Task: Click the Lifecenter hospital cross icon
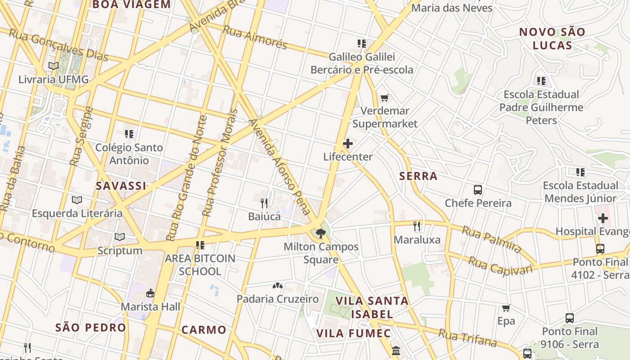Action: [x=347, y=144]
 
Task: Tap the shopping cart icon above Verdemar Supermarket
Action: [x=384, y=98]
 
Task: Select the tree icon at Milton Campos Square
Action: [x=320, y=233]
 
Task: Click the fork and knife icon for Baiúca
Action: [x=264, y=203]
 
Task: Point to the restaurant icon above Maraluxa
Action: [x=417, y=226]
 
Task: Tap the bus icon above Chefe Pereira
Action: [x=478, y=190]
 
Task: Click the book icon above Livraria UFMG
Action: [x=54, y=66]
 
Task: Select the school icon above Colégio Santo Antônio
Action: [x=129, y=134]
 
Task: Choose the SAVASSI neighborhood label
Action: [x=121, y=186]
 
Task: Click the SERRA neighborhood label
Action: [x=418, y=176]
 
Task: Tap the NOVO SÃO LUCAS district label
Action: [x=552, y=39]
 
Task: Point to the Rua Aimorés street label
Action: [x=255, y=37]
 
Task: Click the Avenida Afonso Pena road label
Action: [x=280, y=166]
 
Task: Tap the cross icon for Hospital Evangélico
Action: [x=603, y=219]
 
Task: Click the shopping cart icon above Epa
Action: [x=506, y=308]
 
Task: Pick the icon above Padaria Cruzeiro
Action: [x=278, y=286]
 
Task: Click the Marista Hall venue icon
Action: [x=150, y=293]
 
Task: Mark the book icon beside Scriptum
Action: [x=119, y=237]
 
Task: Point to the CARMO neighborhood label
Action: [x=204, y=330]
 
